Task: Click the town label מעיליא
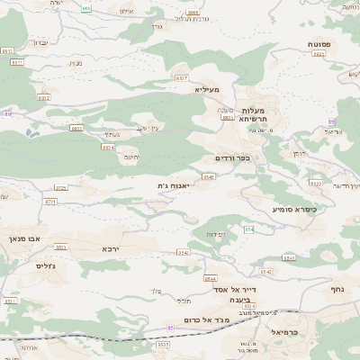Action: tap(206, 89)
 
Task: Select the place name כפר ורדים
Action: tap(231, 158)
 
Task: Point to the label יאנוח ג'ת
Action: tap(172, 185)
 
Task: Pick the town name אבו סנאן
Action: tap(25, 238)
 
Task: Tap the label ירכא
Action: tap(110, 247)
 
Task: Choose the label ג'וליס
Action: tap(45, 265)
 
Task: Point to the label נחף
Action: tap(337, 289)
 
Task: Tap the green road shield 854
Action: tap(249, 229)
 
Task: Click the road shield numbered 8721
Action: tap(50, 202)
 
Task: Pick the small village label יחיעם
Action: tap(131, 157)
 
